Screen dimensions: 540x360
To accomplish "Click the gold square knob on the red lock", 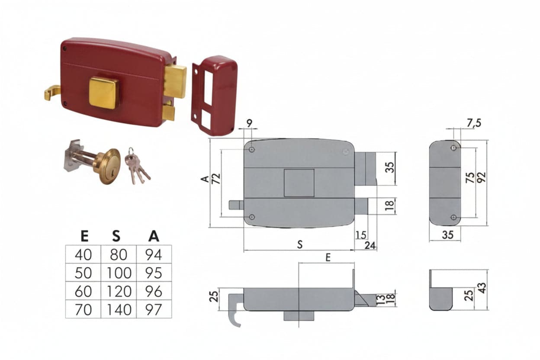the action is [104, 93].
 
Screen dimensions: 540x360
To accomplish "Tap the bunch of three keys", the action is [137, 166].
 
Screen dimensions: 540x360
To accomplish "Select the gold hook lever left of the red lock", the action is [53, 93].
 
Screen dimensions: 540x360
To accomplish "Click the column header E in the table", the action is [84, 236].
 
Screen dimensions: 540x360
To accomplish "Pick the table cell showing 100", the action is [119, 273].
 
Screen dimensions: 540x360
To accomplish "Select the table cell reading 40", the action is [83, 254].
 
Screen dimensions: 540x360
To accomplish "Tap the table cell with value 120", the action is [119, 291].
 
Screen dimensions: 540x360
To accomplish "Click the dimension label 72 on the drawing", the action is [216, 179].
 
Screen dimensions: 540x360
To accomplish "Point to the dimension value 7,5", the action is [474, 123].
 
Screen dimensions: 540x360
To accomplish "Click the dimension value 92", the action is [482, 177].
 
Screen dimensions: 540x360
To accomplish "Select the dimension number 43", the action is [482, 288].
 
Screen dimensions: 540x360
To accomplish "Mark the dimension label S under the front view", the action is [300, 245].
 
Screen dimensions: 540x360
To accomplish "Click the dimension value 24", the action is [370, 245].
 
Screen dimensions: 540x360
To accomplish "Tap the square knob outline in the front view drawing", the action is [299, 183].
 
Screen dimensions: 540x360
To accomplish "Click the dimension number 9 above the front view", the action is [250, 123].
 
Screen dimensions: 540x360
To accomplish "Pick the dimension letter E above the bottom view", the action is [328, 258].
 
